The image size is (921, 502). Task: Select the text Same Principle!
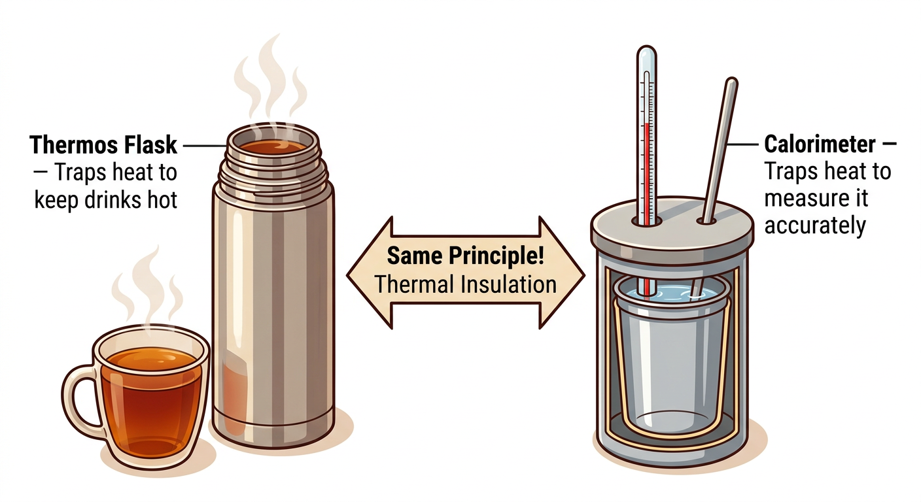[x=465, y=255]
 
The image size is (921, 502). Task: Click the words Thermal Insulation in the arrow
[x=465, y=284]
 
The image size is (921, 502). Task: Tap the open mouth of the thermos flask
[x=273, y=145]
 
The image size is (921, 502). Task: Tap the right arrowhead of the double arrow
[x=566, y=271]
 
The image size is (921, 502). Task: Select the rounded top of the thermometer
[x=646, y=54]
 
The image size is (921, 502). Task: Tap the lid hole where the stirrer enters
[x=706, y=221]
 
